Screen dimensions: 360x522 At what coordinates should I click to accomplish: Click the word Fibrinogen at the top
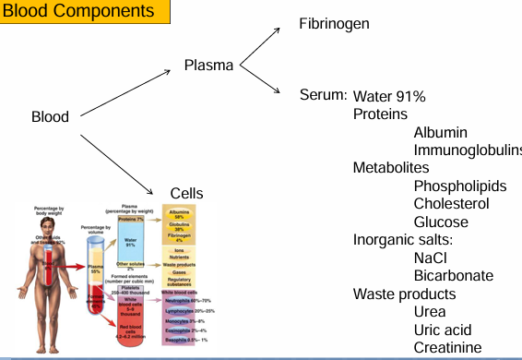point(334,23)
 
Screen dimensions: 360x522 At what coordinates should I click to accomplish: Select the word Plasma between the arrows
point(208,66)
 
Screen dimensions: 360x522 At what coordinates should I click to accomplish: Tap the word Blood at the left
point(50,117)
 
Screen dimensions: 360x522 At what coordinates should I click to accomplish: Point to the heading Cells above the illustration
point(187,193)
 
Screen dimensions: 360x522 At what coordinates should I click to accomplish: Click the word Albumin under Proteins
point(440,134)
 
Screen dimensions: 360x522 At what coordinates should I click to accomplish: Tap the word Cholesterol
point(451,204)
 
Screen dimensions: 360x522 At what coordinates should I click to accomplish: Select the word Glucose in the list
point(441,222)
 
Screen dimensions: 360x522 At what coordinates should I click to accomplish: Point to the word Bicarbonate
point(454,276)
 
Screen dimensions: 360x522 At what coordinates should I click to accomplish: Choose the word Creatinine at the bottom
point(447,347)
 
